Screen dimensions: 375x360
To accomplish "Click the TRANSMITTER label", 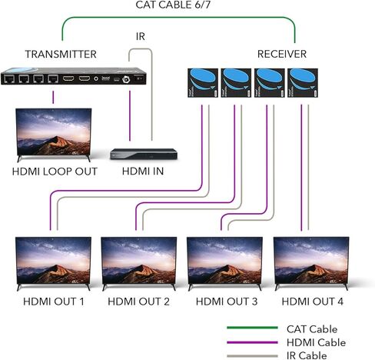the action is point(61,55).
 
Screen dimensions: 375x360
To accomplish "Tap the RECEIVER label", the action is point(282,54).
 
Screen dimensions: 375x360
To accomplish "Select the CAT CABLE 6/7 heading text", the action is point(173,5).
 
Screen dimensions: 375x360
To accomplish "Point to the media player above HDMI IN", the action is point(144,154).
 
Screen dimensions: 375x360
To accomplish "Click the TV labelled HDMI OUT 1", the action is point(53,264).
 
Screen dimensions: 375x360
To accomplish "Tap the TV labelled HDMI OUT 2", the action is point(139,264).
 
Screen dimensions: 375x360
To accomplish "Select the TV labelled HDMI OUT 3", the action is point(224,264).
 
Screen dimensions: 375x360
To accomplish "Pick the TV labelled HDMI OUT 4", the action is point(311,264).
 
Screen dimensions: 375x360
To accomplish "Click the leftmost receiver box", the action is point(203,83).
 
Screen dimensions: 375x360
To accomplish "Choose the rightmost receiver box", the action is point(303,83).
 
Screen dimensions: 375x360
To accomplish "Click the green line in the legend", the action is point(252,328).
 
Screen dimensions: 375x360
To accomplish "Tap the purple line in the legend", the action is point(252,342).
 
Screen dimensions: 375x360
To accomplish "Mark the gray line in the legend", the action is point(252,356).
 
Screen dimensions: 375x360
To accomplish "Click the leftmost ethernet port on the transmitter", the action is point(9,78).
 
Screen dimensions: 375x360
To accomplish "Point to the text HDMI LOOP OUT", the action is point(55,172).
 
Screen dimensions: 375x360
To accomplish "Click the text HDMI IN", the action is point(143,172).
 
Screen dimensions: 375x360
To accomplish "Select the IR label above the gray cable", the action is point(141,36).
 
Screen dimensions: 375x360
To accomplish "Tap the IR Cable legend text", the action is point(307,355).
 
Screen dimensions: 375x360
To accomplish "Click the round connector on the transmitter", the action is point(126,79).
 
